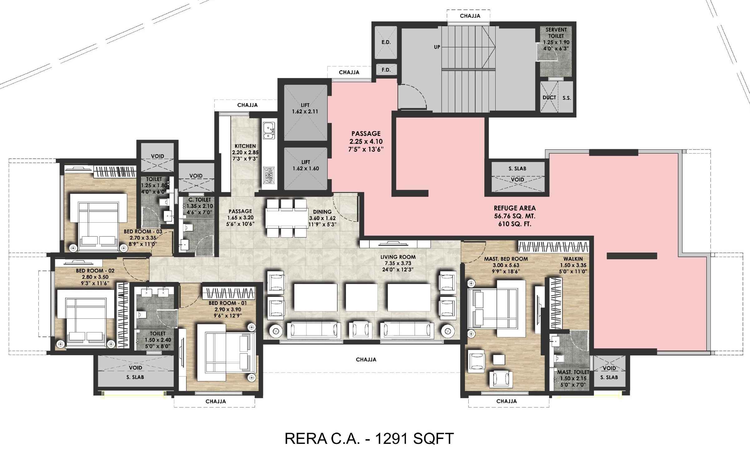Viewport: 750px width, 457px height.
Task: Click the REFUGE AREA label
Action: tap(515, 208)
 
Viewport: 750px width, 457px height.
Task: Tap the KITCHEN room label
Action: tap(245, 146)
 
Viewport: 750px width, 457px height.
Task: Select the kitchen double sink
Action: tap(269, 130)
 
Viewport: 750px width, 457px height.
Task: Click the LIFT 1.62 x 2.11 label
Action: tap(305, 108)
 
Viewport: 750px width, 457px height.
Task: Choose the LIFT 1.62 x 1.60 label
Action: tap(306, 165)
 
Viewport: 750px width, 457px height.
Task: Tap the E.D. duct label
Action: tap(386, 42)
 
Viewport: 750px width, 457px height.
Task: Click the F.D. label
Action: tap(386, 70)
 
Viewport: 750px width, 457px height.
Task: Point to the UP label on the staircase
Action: tap(437, 47)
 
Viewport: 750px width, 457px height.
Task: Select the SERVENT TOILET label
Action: tap(556, 33)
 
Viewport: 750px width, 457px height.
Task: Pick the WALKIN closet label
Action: tap(573, 259)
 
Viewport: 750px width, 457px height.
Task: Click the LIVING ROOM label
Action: tap(398, 257)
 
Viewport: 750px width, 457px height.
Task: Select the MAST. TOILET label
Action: tap(573, 372)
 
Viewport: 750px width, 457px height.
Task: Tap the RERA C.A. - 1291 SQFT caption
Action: tap(369, 439)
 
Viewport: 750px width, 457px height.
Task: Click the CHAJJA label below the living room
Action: tap(366, 360)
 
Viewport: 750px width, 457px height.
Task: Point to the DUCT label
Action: tap(549, 97)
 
